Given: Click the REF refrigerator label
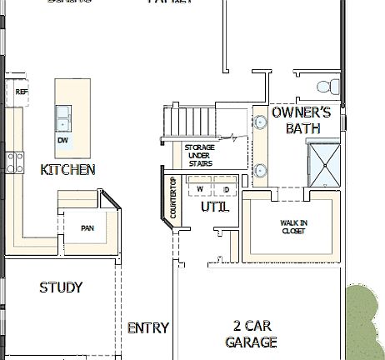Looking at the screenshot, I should coord(22,91).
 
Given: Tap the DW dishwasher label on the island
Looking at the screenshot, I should coord(62,141).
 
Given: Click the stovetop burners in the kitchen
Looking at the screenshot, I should coord(14,157).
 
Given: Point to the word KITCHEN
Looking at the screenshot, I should coord(67,169).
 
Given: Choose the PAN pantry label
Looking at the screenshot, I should coord(87,227).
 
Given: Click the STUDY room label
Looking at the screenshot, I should coord(61,287).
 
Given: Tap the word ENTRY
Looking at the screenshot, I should coord(148,327).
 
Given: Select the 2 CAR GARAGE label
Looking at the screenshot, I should coord(251,333).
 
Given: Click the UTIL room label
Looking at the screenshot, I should coord(215,206).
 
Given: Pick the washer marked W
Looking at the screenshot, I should coord(200,187).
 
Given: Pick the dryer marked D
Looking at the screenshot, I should coord(225,187).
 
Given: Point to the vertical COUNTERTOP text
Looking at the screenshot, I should coord(173,198).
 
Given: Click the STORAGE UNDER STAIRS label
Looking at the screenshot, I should coord(199,155).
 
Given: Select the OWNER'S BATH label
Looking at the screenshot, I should coord(302,120).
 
